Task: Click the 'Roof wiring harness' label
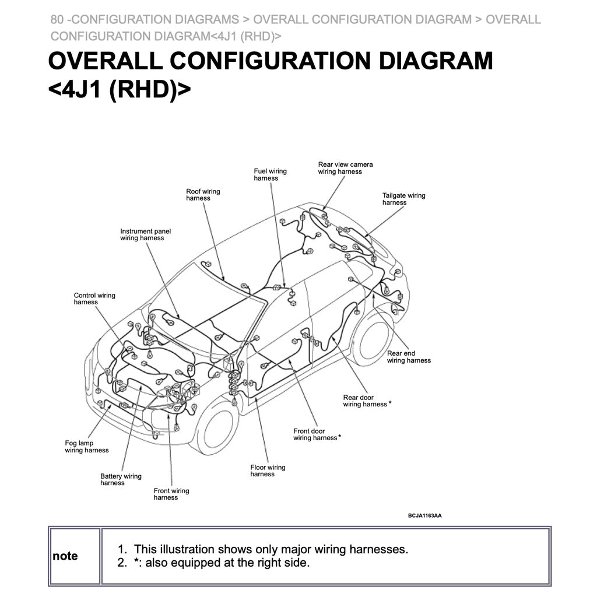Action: tap(203, 195)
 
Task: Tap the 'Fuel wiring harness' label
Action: tap(270, 175)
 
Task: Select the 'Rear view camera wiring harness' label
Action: tap(345, 168)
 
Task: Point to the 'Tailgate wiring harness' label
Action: tap(403, 199)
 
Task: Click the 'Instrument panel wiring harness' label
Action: tap(145, 234)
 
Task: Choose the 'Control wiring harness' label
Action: tap(94, 298)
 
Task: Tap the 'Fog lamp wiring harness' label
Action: tap(86, 447)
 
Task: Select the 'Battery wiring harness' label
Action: tap(121, 479)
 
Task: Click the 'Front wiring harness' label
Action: tap(171, 494)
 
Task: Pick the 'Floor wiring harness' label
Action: tap(268, 470)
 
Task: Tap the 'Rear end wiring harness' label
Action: tap(409, 357)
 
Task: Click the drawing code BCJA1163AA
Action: tap(424, 516)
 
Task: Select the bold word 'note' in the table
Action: tap(65, 556)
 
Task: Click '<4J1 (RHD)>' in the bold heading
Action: tap(120, 90)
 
